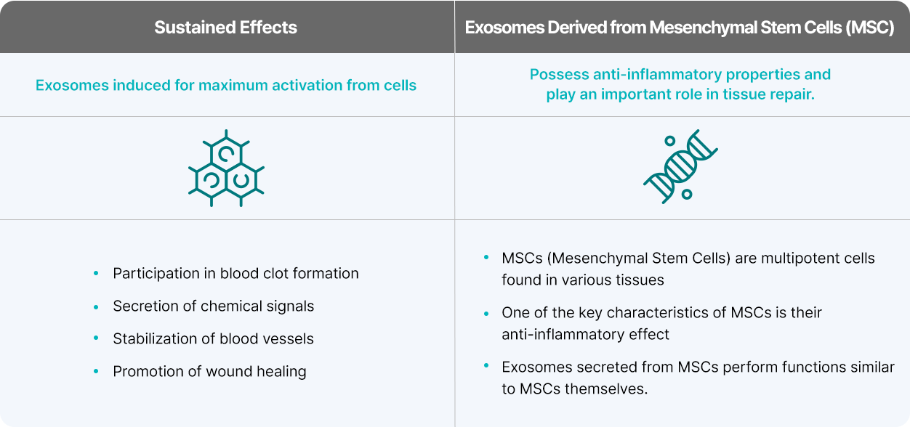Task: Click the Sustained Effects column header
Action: [x=225, y=28]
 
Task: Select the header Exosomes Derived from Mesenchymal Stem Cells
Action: [x=680, y=28]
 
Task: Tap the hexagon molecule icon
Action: [x=226, y=168]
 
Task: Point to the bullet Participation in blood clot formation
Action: [x=235, y=274]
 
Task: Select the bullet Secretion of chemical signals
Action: [x=213, y=306]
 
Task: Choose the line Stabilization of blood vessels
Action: [x=213, y=339]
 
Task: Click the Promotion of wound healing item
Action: [x=209, y=372]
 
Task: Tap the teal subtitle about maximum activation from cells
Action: [x=226, y=85]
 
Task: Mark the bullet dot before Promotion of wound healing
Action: [x=96, y=372]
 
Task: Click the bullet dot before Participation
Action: [x=96, y=274]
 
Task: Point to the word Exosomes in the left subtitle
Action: [x=69, y=85]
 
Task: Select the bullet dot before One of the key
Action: [x=486, y=314]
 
